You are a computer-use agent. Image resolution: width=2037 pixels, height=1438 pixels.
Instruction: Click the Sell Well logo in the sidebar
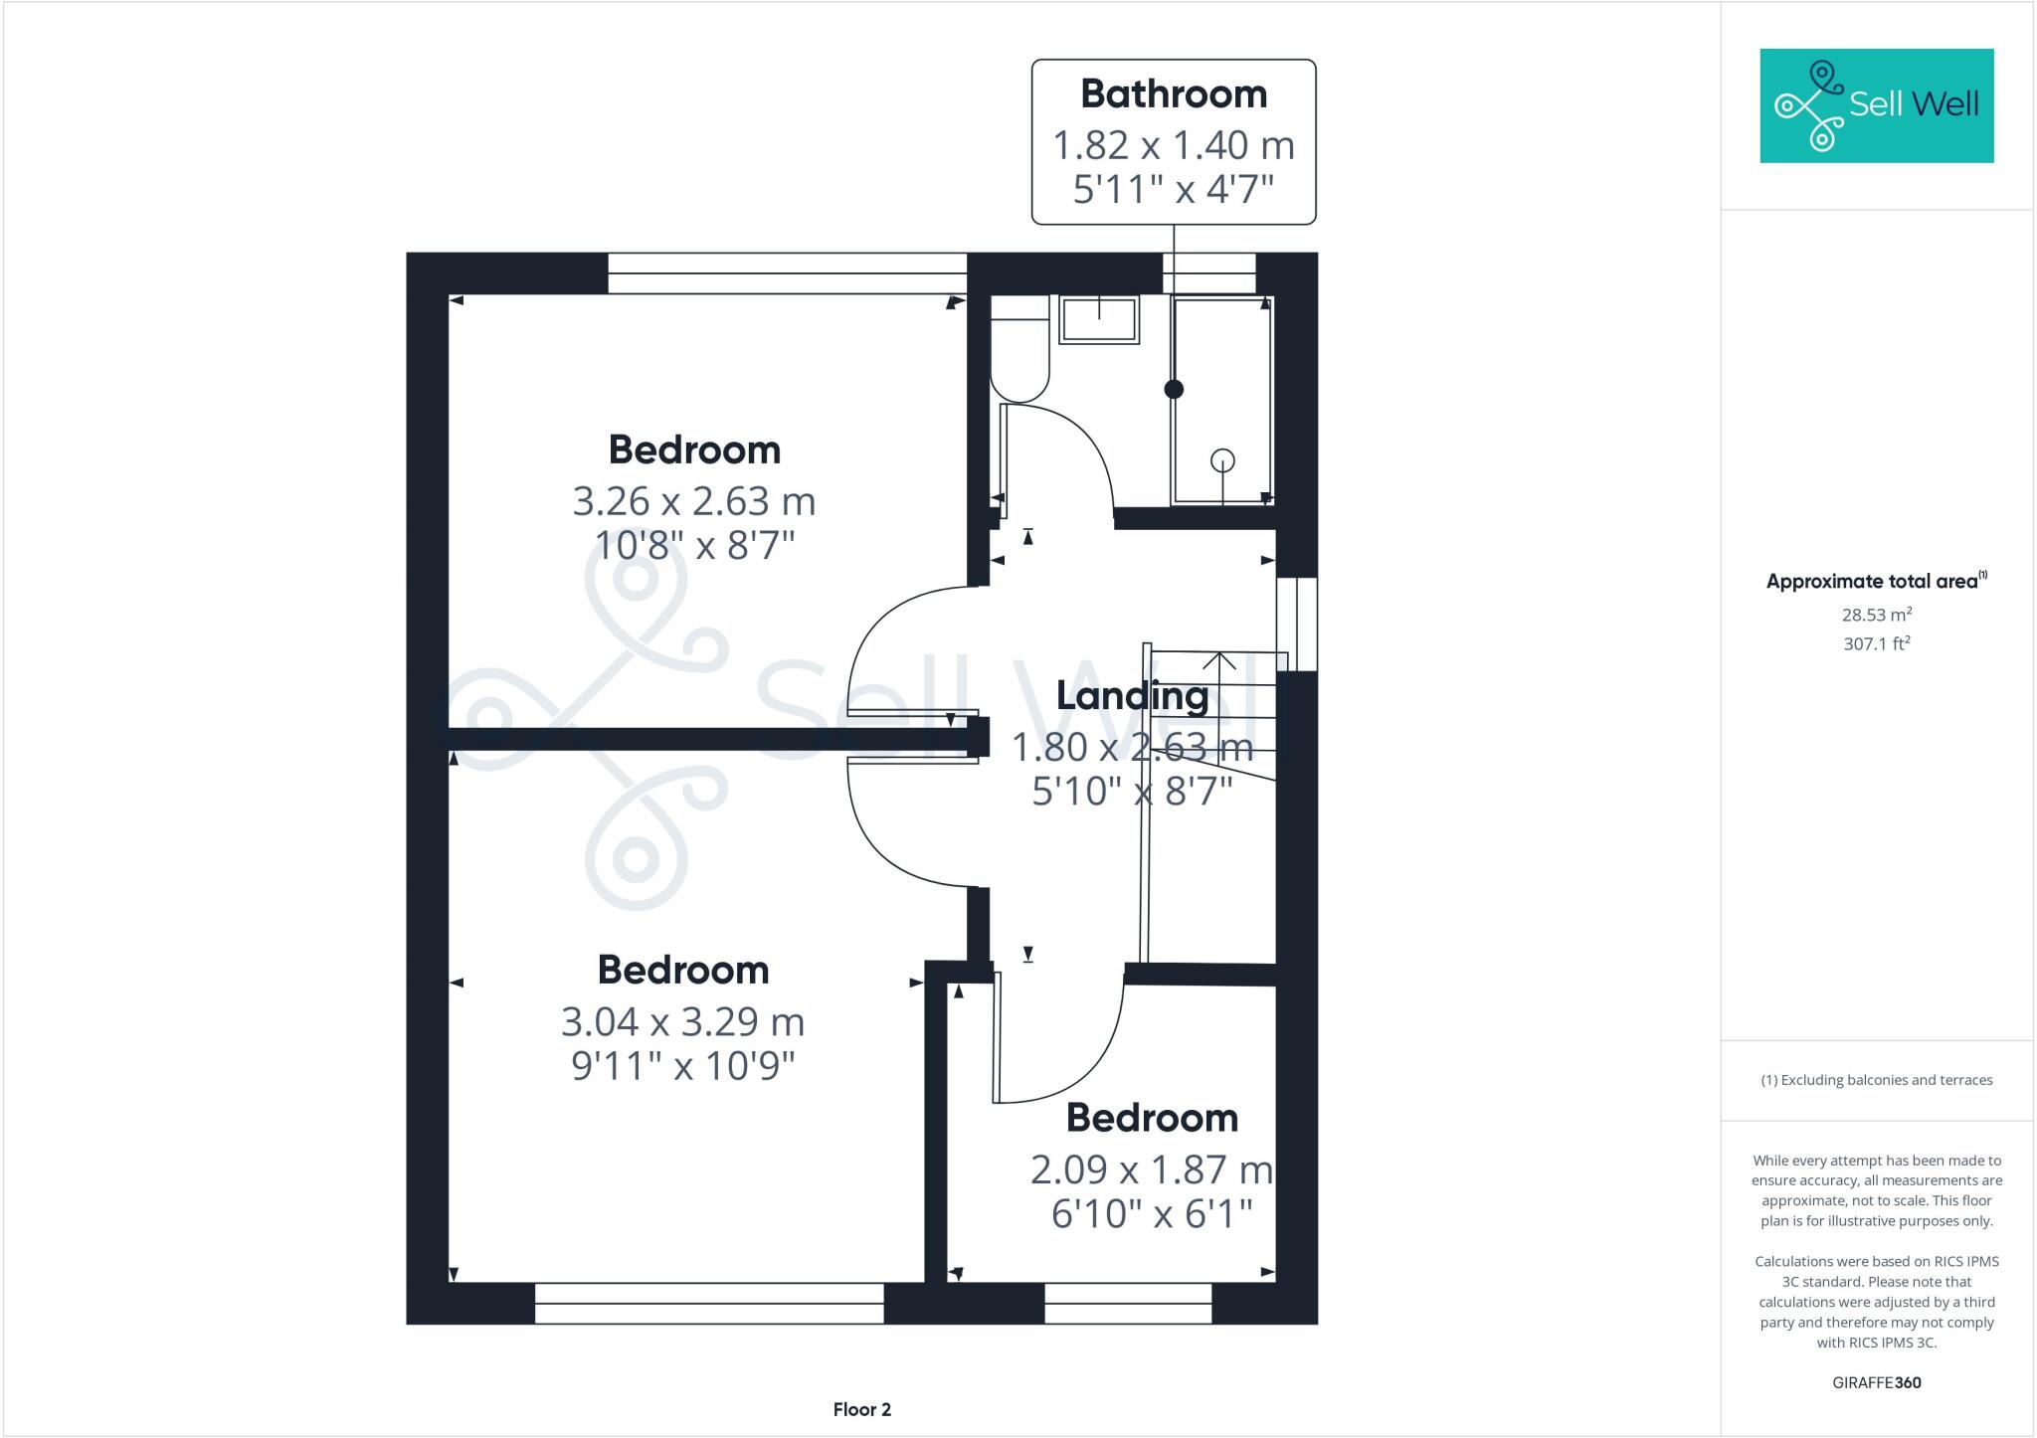click(1876, 105)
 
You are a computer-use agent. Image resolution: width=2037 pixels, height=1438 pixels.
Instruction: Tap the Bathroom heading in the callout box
click(1174, 94)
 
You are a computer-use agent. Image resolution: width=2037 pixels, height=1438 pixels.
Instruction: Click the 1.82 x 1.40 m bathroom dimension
click(1174, 145)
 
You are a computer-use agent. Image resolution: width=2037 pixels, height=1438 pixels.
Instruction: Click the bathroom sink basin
click(1099, 319)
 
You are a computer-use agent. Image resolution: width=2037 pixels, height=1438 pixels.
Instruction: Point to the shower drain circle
click(1222, 460)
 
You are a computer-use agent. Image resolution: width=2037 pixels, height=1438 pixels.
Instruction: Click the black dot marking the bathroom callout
click(1174, 390)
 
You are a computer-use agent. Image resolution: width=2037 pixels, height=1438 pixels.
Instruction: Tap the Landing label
click(1132, 695)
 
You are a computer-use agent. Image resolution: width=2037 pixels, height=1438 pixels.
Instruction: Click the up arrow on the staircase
click(1219, 662)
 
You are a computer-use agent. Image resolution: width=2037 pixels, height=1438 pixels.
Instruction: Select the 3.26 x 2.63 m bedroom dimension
click(693, 500)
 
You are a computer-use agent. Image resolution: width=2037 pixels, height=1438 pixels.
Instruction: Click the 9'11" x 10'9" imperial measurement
click(683, 1066)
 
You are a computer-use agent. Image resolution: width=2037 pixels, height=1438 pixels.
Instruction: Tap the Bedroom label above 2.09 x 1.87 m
click(1152, 1118)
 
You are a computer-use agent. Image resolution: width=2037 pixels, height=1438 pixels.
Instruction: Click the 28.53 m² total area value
click(1877, 615)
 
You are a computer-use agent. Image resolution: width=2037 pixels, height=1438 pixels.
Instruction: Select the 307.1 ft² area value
click(1877, 643)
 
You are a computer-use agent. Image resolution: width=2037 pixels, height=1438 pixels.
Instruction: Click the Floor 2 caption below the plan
click(861, 1409)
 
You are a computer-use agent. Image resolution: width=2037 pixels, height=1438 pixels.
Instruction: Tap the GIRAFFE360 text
click(1877, 1382)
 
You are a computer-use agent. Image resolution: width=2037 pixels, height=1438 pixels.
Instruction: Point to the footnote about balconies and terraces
click(1877, 1080)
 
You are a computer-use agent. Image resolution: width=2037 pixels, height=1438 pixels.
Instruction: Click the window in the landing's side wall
click(1298, 624)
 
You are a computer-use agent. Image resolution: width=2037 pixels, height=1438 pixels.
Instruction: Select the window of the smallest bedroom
click(1128, 1303)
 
